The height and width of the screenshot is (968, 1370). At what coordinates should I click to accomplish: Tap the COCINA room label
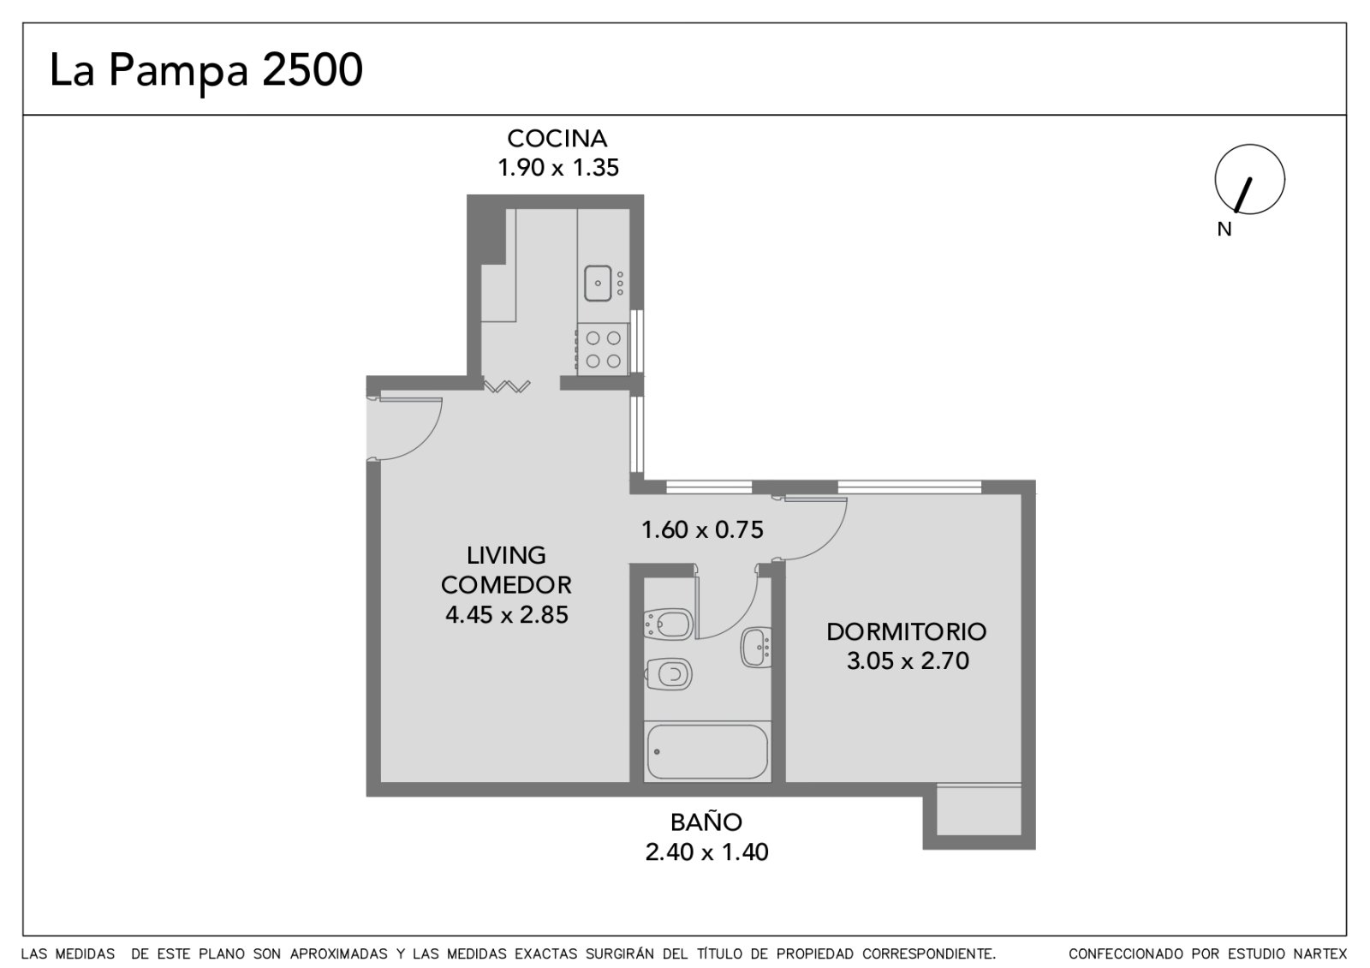point(557,139)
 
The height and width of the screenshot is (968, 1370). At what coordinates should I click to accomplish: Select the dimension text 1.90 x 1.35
point(557,168)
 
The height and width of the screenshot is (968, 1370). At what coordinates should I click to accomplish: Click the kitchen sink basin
point(598,284)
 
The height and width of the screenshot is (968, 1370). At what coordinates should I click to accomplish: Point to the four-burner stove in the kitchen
point(603,349)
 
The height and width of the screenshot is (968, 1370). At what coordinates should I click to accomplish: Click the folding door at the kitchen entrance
point(507,386)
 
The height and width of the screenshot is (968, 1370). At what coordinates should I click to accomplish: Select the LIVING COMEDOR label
point(506,571)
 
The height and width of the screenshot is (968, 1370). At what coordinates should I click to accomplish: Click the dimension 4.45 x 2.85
point(507,614)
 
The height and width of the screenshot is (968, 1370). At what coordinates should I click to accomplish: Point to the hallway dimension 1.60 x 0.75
point(702,530)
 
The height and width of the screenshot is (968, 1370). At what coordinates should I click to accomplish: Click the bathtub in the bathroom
point(707,752)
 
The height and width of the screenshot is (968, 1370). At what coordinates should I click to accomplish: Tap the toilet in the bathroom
point(669,674)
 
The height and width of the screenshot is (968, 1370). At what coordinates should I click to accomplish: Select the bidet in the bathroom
point(669,624)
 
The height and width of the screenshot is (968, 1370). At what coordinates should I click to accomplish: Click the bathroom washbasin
point(756,648)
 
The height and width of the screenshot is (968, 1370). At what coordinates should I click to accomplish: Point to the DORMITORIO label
point(907,632)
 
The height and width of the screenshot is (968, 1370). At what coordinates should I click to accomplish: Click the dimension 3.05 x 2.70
point(908,660)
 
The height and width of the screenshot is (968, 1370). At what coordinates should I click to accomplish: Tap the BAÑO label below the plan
point(706,822)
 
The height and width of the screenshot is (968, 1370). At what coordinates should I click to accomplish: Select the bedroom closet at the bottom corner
point(979,810)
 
